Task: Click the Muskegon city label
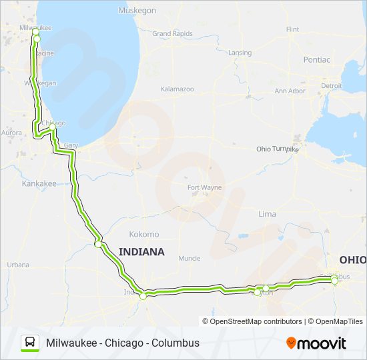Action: coord(137,11)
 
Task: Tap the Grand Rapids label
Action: coord(172,33)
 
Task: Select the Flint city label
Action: coord(292,29)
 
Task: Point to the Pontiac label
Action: coord(316,59)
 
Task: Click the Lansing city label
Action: coord(240,53)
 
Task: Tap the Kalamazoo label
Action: coord(177,88)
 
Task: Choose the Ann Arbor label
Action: coord(290,91)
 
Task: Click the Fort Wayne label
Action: coord(204,187)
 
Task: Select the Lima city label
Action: coord(267,214)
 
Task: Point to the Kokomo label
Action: coord(144,234)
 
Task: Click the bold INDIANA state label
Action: coord(141,251)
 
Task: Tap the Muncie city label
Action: coord(189,258)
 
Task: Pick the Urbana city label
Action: coord(18,265)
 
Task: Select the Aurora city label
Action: coord(12,133)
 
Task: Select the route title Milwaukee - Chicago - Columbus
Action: coord(123,343)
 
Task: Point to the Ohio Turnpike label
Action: coord(278,149)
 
